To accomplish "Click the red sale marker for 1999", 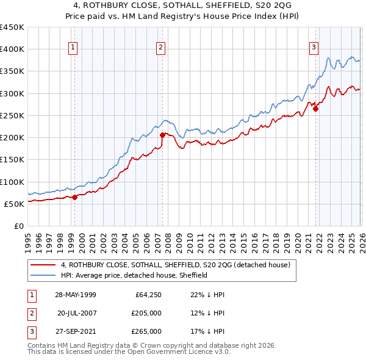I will click(74, 197).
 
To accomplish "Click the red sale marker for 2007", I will click(162, 135).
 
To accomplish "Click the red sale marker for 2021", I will click(315, 109).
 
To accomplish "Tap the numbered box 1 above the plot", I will click(73, 48).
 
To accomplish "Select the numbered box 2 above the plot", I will click(161, 48).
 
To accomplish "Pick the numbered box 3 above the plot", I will click(314, 48).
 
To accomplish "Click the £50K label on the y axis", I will click(15, 204).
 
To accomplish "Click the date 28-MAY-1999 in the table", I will click(75, 294).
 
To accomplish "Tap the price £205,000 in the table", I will click(147, 313).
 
